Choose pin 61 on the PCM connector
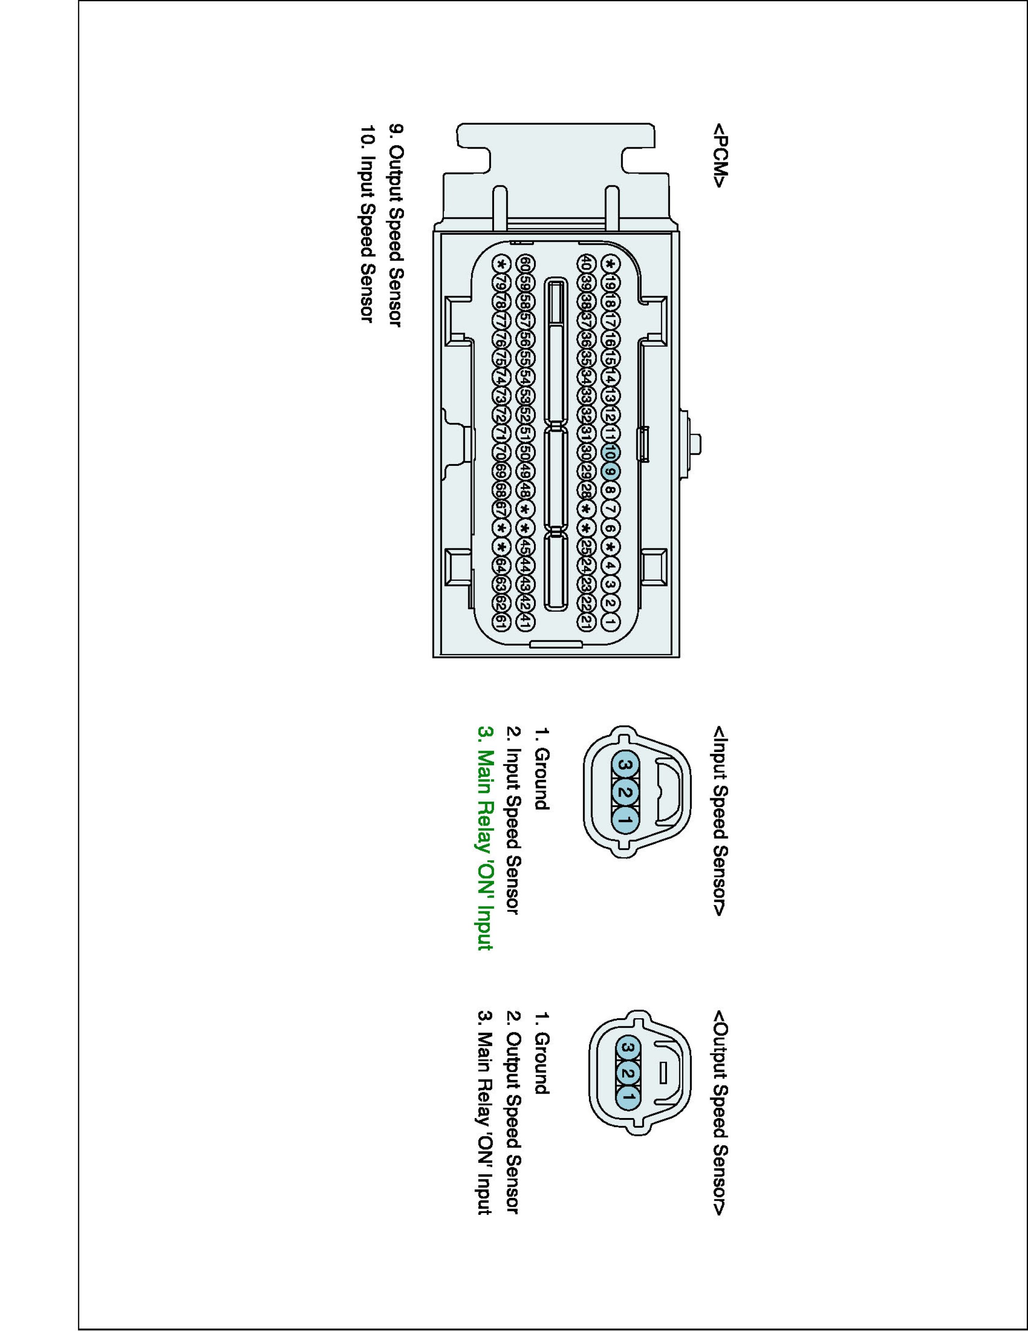pos(501,622)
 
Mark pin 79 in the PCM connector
pos(501,284)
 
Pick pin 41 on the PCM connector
pos(524,622)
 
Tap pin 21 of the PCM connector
pos(584,622)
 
